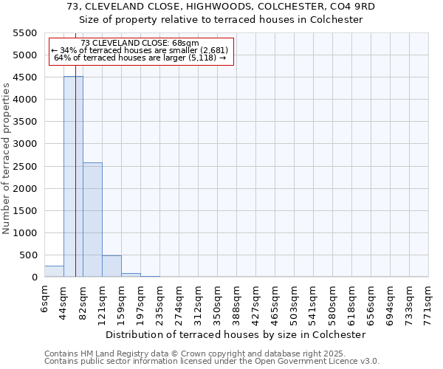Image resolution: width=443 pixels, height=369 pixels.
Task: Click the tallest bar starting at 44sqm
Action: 73,177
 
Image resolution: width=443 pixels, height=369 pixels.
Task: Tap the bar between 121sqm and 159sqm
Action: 111,266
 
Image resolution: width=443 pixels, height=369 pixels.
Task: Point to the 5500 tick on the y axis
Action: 27,33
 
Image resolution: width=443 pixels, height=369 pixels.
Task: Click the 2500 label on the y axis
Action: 27,167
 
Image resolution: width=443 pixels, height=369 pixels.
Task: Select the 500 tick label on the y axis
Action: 30,255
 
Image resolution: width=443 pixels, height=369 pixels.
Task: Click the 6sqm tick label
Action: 45,297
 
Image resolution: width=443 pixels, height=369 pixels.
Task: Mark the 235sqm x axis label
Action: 160,300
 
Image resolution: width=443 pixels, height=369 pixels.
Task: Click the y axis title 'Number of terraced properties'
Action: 7,159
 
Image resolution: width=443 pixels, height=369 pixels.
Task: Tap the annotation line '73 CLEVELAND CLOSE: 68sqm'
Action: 140,44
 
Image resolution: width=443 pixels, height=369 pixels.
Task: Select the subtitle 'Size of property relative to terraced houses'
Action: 221,20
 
